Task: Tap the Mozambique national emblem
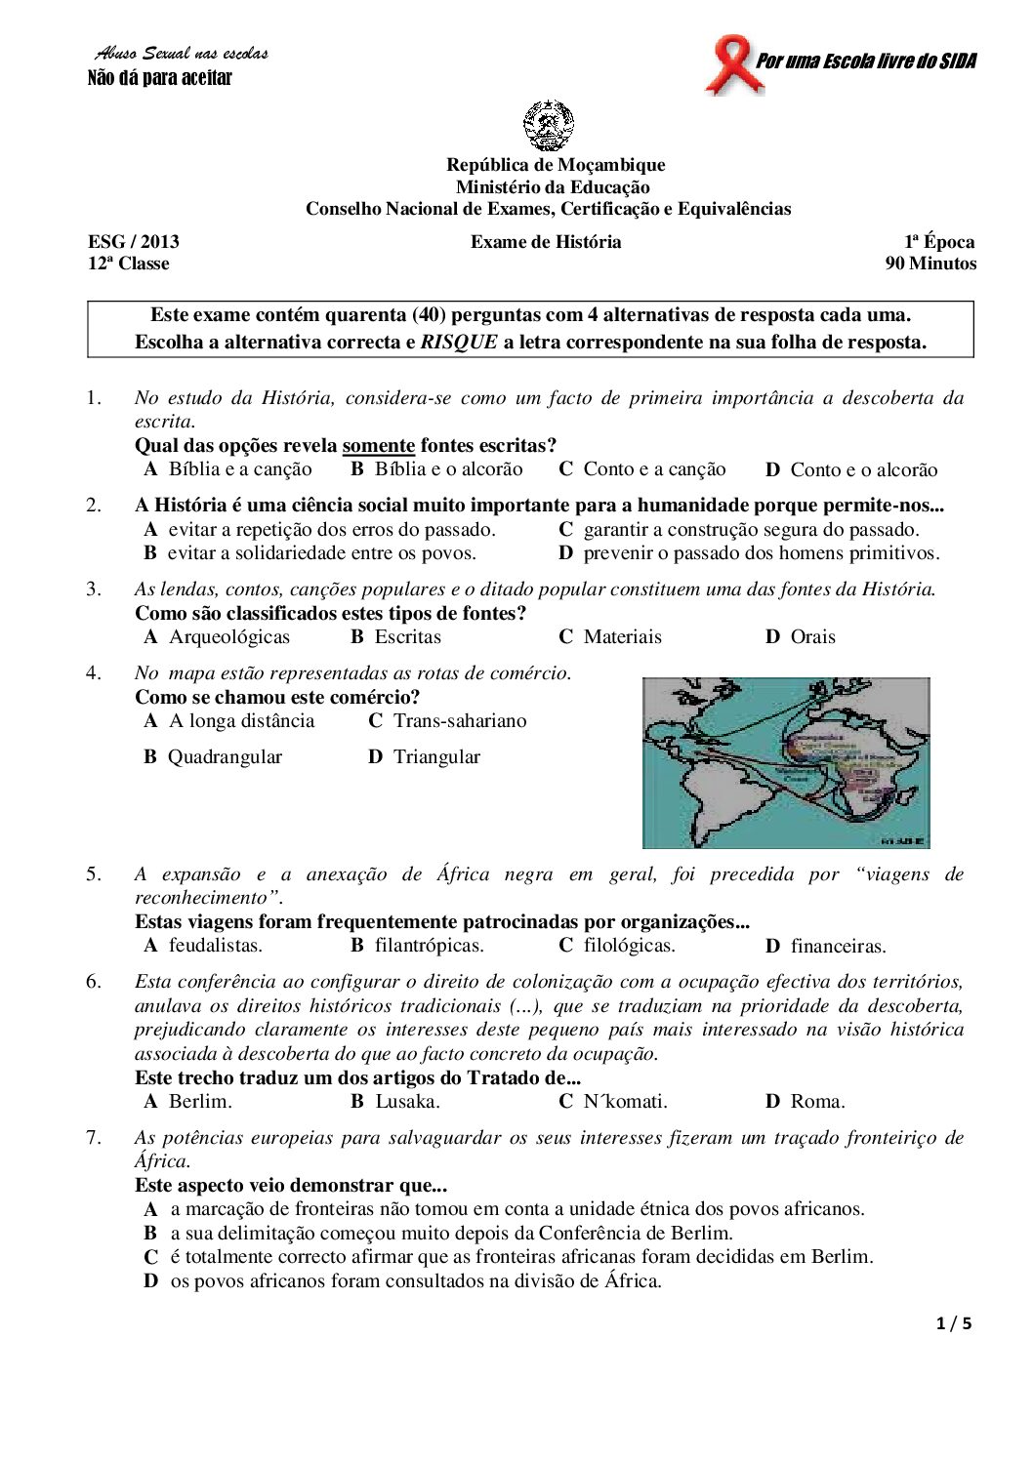[549, 127]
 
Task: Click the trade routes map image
[786, 762]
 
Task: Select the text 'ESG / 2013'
[134, 242]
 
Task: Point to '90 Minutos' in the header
[930, 264]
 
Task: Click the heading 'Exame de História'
[546, 242]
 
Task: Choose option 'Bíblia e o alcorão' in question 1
[448, 469]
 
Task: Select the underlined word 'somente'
[379, 446]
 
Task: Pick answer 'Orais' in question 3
[812, 637]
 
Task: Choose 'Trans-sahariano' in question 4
[459, 721]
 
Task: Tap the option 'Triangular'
[436, 757]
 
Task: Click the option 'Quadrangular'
[225, 757]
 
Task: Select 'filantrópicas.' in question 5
[430, 946]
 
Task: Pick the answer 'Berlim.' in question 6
[200, 1102]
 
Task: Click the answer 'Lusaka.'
[407, 1102]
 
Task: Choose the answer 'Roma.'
[817, 1102]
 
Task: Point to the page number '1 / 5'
[954, 1324]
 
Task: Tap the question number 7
[93, 1138]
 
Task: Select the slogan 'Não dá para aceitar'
[160, 78]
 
